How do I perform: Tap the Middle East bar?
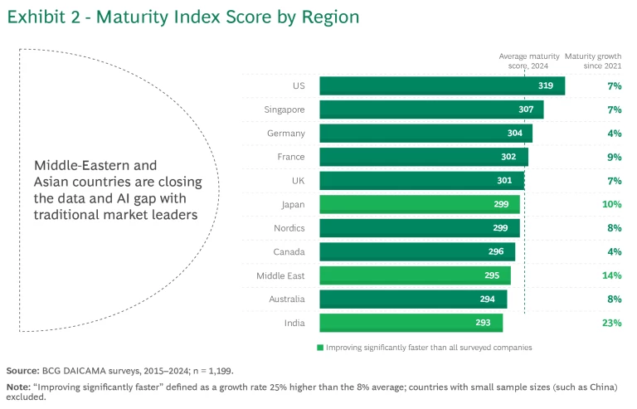pos(415,275)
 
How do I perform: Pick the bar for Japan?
pos(419,204)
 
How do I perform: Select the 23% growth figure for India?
pos(612,323)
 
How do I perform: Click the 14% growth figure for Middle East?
pos(612,275)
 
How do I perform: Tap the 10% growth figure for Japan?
pos(612,204)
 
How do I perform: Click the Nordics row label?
pos(288,228)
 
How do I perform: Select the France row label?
pos(290,157)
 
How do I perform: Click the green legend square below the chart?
pos(320,348)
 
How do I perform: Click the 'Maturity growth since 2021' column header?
pos(594,61)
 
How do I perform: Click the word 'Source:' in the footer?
pos(22,371)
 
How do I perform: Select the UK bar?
pos(421,181)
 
